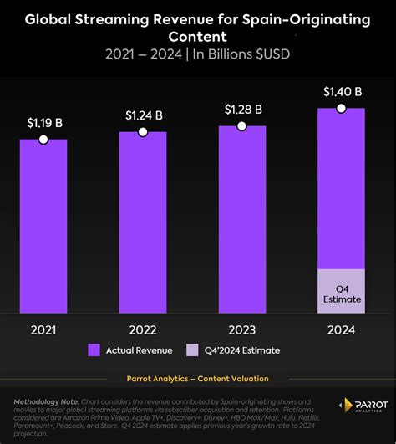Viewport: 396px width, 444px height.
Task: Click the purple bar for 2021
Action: pyautogui.click(x=43, y=226)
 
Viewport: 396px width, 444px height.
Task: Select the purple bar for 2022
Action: pyautogui.click(x=143, y=222)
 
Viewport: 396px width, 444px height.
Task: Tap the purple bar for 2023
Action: pyautogui.click(x=242, y=219)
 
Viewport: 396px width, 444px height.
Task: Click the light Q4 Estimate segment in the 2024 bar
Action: pyautogui.click(x=341, y=291)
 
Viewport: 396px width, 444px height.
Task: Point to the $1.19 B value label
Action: pyautogui.click(x=43, y=123)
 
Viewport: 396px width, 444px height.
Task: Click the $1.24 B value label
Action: pyautogui.click(x=143, y=115)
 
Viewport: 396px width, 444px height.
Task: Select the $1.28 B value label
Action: pyautogui.click(x=242, y=109)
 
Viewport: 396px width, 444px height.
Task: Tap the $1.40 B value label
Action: pyautogui.click(x=341, y=92)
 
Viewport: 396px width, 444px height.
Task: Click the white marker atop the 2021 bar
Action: pyautogui.click(x=43, y=140)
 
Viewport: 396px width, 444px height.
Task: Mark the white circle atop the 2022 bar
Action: pyautogui.click(x=143, y=132)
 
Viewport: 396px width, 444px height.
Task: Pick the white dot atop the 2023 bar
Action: pyautogui.click(x=242, y=125)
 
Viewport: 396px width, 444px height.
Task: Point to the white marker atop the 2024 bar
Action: pyautogui.click(x=341, y=109)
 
